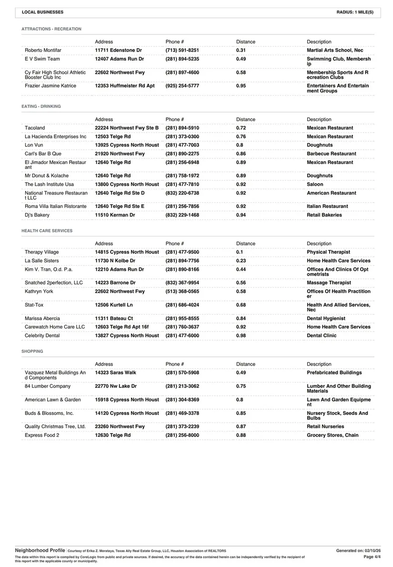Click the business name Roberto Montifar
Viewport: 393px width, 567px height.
pos(43,50)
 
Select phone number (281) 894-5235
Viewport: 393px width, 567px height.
pos(182,59)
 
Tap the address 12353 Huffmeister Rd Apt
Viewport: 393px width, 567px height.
pos(125,86)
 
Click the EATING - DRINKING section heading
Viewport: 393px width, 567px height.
pos(41,106)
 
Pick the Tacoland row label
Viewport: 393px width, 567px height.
pos(35,128)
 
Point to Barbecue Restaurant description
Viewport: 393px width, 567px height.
pos(331,154)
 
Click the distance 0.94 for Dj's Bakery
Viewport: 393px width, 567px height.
pos(241,215)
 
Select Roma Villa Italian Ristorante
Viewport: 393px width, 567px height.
pos(56,206)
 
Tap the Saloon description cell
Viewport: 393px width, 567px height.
pos(315,184)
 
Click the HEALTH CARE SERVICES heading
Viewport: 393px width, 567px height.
pos(47,231)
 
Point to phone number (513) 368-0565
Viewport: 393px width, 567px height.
pos(182,291)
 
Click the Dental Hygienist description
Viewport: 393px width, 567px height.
pos(326,319)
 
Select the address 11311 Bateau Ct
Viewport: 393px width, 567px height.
pos(114,319)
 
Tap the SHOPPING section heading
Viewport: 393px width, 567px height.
pos(32,351)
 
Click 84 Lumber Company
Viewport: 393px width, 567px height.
pos(48,386)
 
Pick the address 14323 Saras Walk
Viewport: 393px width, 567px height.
pos(115,372)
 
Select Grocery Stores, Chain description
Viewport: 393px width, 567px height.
pos(333,435)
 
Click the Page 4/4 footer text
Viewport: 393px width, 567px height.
pos(368,557)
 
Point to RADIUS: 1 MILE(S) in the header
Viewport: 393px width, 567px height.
pos(354,12)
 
